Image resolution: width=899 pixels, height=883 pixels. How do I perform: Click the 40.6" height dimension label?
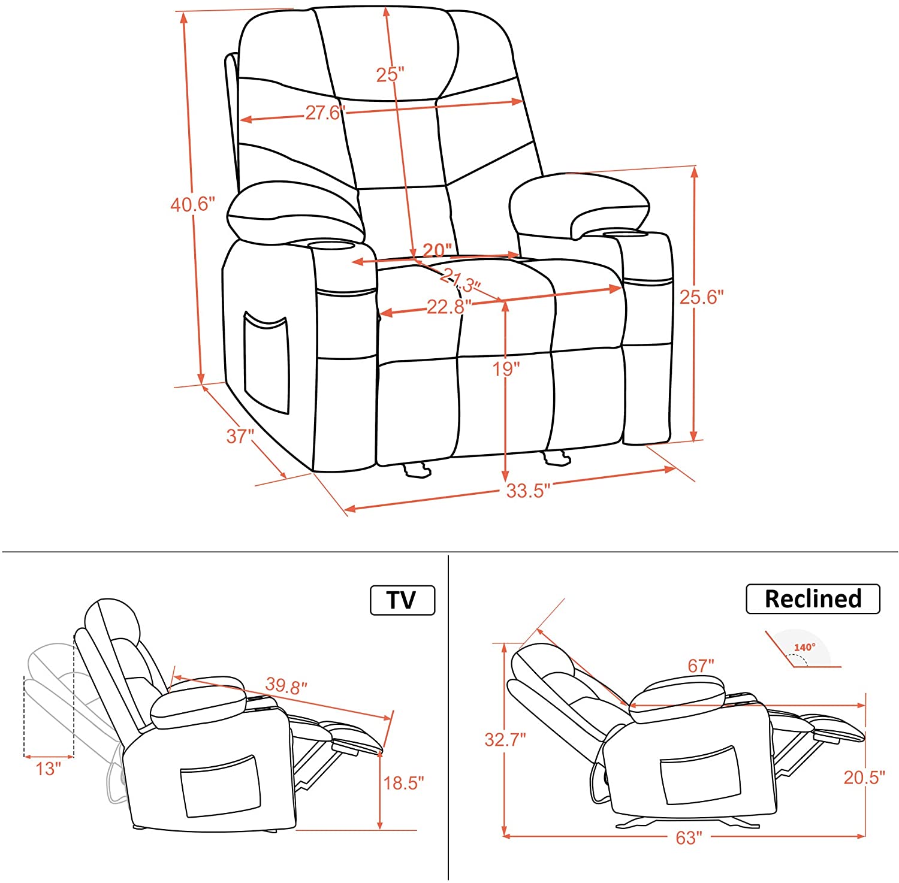[192, 204]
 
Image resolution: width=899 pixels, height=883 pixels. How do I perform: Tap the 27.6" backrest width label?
[325, 113]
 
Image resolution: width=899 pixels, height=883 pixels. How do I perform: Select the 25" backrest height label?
[390, 74]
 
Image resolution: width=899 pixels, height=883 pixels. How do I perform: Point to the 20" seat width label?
[438, 250]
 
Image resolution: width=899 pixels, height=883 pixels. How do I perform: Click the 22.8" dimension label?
[449, 307]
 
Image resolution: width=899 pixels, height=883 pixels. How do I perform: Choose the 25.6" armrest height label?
[701, 297]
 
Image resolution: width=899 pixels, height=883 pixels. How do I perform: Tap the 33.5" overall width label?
[528, 491]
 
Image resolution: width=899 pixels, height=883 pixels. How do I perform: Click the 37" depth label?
[240, 436]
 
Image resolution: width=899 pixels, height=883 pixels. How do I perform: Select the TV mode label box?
[402, 600]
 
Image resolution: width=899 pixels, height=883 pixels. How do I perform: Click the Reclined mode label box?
[813, 598]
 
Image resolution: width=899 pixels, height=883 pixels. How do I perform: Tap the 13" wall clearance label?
[48, 769]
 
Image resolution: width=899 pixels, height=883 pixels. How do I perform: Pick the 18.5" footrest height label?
[403, 782]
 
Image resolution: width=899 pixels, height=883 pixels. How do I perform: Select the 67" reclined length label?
[701, 666]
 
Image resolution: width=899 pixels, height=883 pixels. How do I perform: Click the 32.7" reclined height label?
[505, 739]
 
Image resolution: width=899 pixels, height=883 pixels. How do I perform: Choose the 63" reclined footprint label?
[689, 837]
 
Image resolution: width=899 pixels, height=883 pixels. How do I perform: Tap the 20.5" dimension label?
[864, 777]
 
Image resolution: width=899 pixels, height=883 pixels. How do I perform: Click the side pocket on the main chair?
[267, 362]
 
